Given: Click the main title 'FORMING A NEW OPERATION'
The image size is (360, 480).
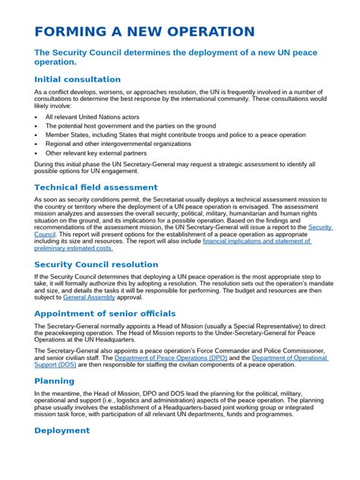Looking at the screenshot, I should pyautogui.click(x=144, y=32).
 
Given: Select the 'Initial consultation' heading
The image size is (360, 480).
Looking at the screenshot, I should pyautogui.click(x=77, y=79).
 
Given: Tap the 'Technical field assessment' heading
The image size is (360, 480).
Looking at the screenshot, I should pyautogui.click(x=96, y=187).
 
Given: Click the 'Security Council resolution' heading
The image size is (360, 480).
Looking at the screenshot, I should pyautogui.click(x=96, y=264).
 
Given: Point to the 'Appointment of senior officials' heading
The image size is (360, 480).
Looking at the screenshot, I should pyautogui.click(x=105, y=313).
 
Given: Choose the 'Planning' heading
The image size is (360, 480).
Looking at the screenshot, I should pyautogui.click(x=54, y=381).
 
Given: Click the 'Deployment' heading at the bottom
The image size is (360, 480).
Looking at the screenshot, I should pyautogui.click(x=62, y=431).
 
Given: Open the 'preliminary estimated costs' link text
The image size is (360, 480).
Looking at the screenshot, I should pyautogui.click(x=74, y=248).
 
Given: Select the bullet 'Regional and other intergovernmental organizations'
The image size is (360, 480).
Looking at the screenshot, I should pyautogui.click(x=118, y=144).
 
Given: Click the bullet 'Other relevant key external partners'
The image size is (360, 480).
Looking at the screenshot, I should pyautogui.click(x=97, y=153).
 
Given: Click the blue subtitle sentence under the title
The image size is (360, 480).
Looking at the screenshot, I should pyautogui.click(x=175, y=58).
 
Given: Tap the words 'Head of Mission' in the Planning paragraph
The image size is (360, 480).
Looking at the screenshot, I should pyautogui.click(x=111, y=394).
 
